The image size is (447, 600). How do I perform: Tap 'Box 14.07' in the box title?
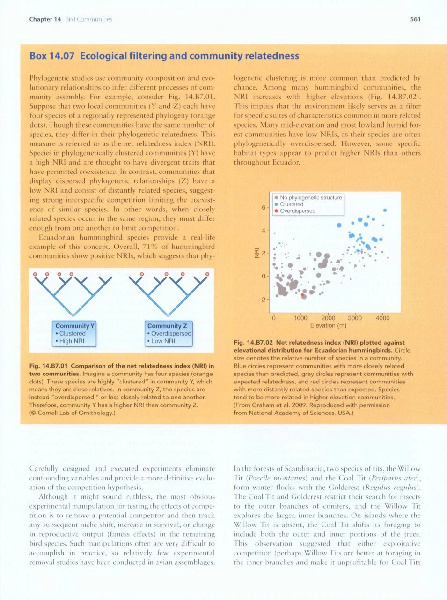52,56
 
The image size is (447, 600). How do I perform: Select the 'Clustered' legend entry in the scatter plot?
292,204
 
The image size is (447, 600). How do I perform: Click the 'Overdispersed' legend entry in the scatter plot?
297,211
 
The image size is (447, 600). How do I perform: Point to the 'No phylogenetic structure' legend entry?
311,198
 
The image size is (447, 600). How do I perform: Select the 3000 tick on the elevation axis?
355,318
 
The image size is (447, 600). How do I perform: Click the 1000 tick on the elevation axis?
300,318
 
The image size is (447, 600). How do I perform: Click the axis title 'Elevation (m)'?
328,325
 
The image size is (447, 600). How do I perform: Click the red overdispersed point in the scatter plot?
302,295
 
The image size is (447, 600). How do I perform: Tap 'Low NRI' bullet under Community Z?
162,341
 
